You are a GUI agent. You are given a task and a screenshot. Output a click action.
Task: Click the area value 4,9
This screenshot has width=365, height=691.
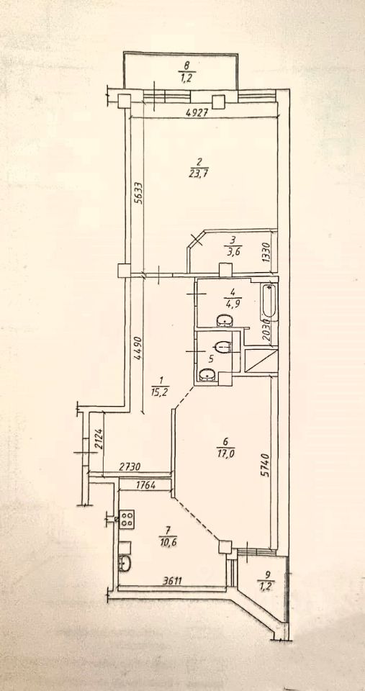[x=233, y=304]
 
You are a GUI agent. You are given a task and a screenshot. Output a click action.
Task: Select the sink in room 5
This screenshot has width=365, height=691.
[x=207, y=376]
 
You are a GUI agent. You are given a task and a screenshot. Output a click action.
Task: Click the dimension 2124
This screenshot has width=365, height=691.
[x=99, y=439]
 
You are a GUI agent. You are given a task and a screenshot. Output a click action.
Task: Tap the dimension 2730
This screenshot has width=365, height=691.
[x=131, y=467]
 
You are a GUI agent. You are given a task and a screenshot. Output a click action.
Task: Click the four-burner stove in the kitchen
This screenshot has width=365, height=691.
[x=127, y=519]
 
